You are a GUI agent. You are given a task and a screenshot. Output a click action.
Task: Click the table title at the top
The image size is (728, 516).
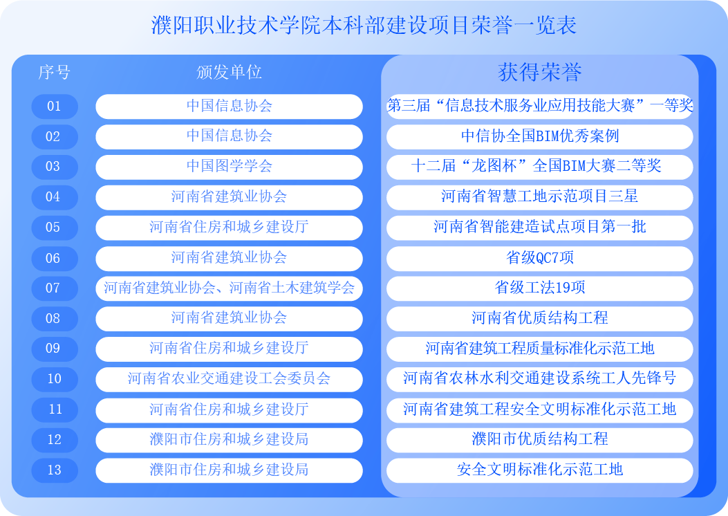[364, 25]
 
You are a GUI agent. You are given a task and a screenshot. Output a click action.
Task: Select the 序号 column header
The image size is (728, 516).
[55, 72]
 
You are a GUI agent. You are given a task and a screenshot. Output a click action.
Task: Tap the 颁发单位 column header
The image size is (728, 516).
[229, 72]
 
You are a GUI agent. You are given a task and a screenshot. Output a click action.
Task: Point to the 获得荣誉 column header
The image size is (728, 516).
[539, 72]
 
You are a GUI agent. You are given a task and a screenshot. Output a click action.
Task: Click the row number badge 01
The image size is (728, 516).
[55, 107]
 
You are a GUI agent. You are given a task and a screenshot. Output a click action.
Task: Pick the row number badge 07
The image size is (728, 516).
[55, 288]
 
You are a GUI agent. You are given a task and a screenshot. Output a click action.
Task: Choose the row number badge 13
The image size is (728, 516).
[55, 470]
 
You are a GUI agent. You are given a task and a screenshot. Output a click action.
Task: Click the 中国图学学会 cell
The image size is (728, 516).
[229, 167]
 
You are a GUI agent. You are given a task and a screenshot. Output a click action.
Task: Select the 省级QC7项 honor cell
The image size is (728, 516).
[539, 258]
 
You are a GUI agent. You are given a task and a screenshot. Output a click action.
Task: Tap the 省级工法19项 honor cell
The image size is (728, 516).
[539, 288]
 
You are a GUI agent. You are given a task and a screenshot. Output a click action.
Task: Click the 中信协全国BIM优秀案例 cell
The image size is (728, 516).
[539, 136]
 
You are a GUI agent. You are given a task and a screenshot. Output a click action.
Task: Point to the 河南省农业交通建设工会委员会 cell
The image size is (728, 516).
[229, 380]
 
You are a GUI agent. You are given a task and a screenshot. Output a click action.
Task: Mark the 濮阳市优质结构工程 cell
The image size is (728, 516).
[539, 440]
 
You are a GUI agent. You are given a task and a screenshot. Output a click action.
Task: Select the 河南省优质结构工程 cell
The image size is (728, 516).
[539, 319]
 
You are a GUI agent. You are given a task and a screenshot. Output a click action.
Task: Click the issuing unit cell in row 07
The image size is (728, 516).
[229, 288]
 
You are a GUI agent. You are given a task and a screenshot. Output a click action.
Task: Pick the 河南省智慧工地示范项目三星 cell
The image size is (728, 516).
[539, 197]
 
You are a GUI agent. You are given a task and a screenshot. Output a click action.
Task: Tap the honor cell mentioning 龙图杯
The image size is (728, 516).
[539, 167]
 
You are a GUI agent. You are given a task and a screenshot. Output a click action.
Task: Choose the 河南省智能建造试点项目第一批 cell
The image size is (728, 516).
[539, 228]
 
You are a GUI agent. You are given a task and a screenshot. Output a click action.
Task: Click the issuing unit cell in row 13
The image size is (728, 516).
[229, 470]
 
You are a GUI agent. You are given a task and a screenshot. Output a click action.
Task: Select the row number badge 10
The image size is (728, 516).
[55, 380]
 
